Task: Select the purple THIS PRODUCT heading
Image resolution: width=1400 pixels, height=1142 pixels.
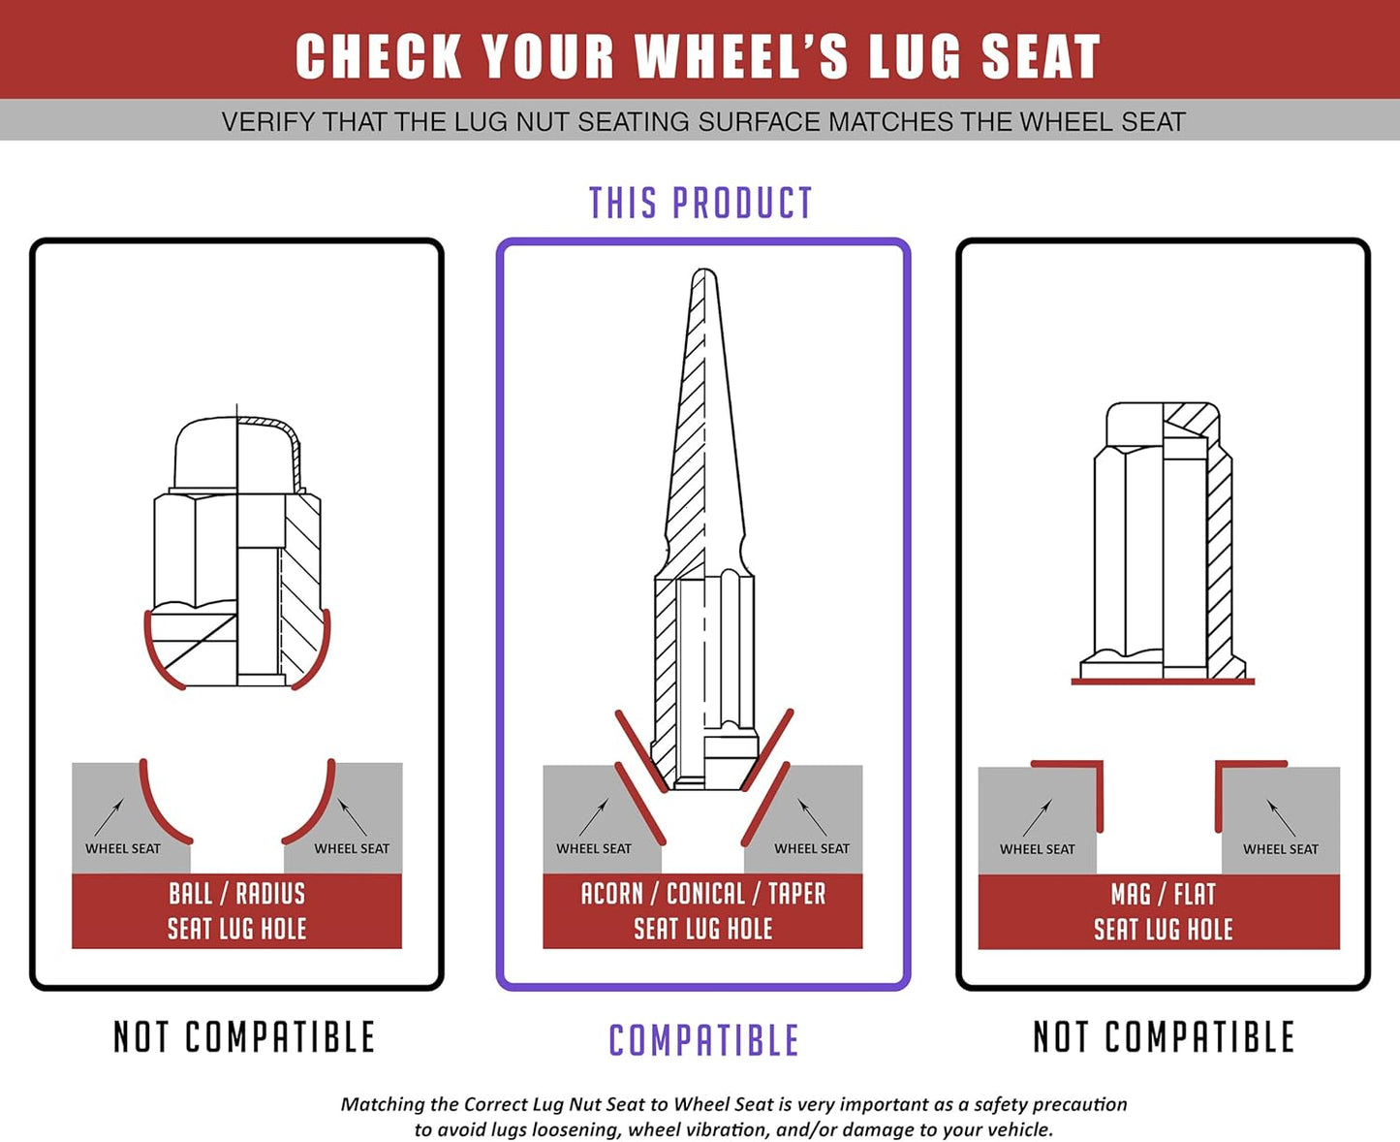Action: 700,204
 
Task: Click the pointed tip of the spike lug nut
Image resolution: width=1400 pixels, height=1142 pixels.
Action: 704,270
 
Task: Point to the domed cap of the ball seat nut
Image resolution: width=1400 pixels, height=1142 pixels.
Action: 237,455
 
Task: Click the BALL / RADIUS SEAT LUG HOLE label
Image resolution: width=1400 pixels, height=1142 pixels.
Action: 237,911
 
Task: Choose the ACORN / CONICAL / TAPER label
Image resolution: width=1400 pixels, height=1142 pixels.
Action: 703,894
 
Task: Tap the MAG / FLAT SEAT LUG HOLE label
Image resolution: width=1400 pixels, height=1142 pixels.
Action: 1163,911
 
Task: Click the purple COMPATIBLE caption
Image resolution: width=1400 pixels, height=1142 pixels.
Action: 703,1040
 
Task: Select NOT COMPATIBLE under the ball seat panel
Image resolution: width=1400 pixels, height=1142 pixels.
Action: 244,1036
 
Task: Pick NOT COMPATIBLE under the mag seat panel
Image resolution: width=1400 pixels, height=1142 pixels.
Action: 1164,1036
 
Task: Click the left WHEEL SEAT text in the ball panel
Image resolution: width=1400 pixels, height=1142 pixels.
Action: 123,848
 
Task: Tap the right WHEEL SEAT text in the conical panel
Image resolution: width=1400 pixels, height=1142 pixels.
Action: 811,848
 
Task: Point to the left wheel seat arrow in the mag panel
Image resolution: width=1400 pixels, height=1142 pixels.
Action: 1038,817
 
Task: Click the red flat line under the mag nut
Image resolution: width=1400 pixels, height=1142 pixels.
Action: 1163,682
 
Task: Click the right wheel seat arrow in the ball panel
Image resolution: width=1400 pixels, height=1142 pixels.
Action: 352,816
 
